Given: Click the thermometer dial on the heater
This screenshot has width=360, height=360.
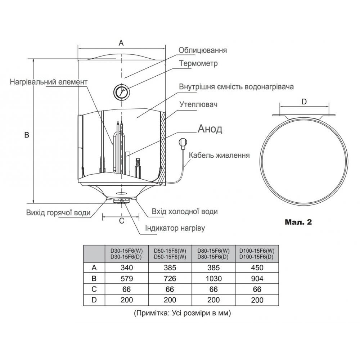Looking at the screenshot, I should (121, 92).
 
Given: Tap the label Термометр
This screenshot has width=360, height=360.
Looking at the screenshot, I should (198, 63).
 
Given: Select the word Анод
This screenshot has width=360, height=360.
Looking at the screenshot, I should (210, 129).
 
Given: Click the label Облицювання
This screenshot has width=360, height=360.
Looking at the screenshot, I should (203, 50).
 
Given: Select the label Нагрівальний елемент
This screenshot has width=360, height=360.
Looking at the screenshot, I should (49, 82).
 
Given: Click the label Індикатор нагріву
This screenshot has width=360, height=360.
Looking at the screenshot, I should (175, 228).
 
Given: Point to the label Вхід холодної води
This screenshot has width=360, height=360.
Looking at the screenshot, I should (184, 212).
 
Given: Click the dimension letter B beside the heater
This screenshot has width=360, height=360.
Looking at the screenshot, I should (26, 135).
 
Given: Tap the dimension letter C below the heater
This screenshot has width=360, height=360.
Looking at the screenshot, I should (121, 221).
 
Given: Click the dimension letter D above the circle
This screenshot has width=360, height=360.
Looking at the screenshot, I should (304, 102).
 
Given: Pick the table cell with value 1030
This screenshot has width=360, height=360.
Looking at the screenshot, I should (213, 278).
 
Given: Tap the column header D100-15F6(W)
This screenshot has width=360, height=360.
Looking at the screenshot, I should (257, 251).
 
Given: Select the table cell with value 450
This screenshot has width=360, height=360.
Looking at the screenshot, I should (257, 267).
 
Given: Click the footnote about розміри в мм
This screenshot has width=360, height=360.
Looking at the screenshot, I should (182, 313).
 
